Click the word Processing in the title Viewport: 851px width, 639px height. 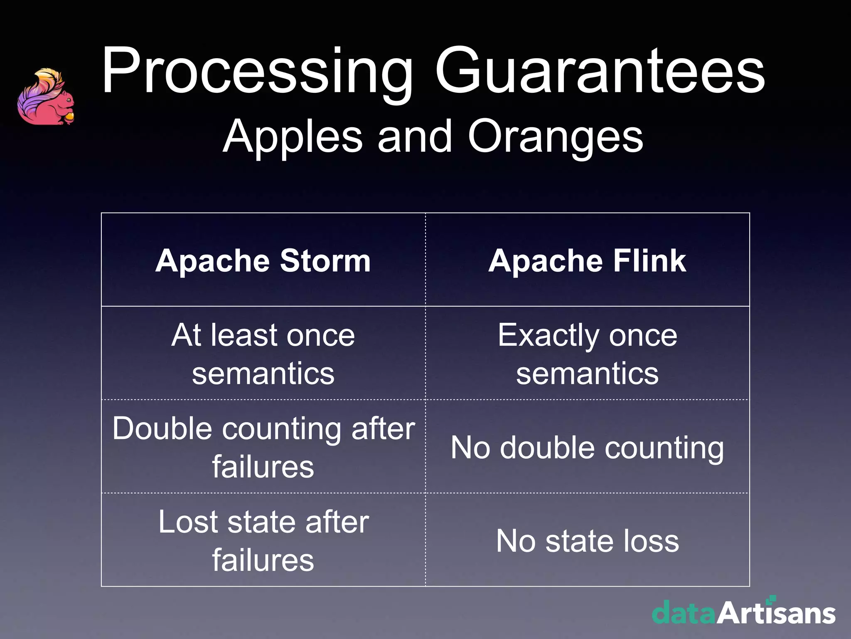click(x=257, y=72)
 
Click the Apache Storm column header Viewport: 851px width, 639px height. click(x=263, y=261)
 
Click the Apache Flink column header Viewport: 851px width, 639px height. click(x=587, y=261)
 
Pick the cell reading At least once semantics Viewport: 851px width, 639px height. click(x=263, y=354)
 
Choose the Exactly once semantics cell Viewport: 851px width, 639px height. click(x=587, y=354)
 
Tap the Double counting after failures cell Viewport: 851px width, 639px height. click(x=263, y=447)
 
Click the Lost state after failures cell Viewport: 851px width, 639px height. click(x=263, y=540)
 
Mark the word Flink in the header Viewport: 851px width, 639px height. click(x=649, y=261)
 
